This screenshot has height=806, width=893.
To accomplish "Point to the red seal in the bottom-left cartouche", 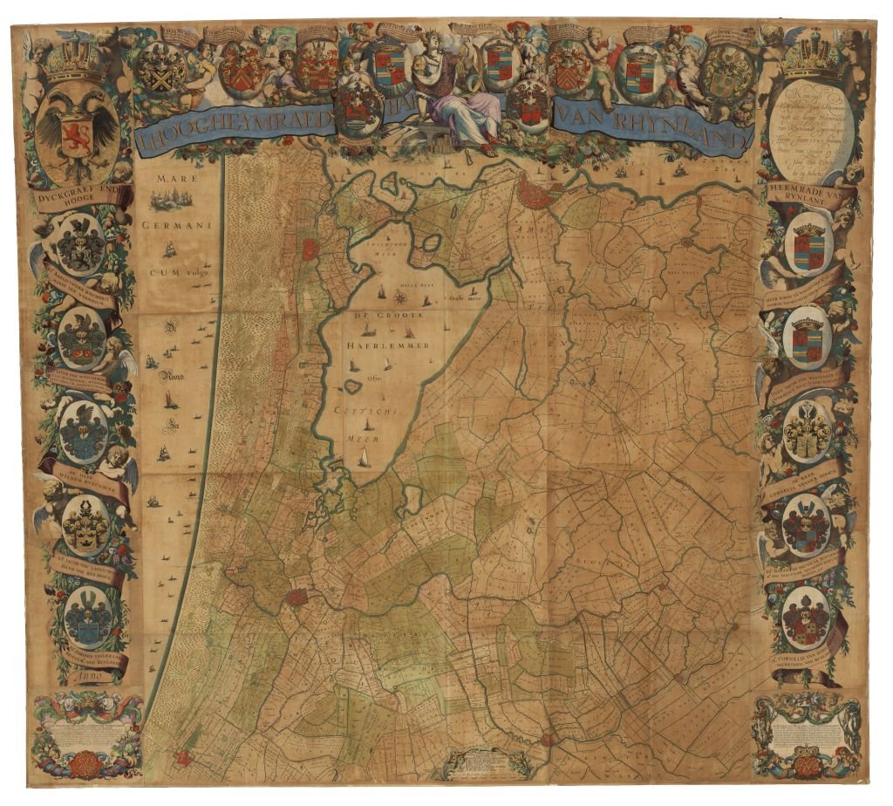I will pyautogui.click(x=80, y=764).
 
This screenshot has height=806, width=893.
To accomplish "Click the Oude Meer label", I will pyautogui.click(x=467, y=296).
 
